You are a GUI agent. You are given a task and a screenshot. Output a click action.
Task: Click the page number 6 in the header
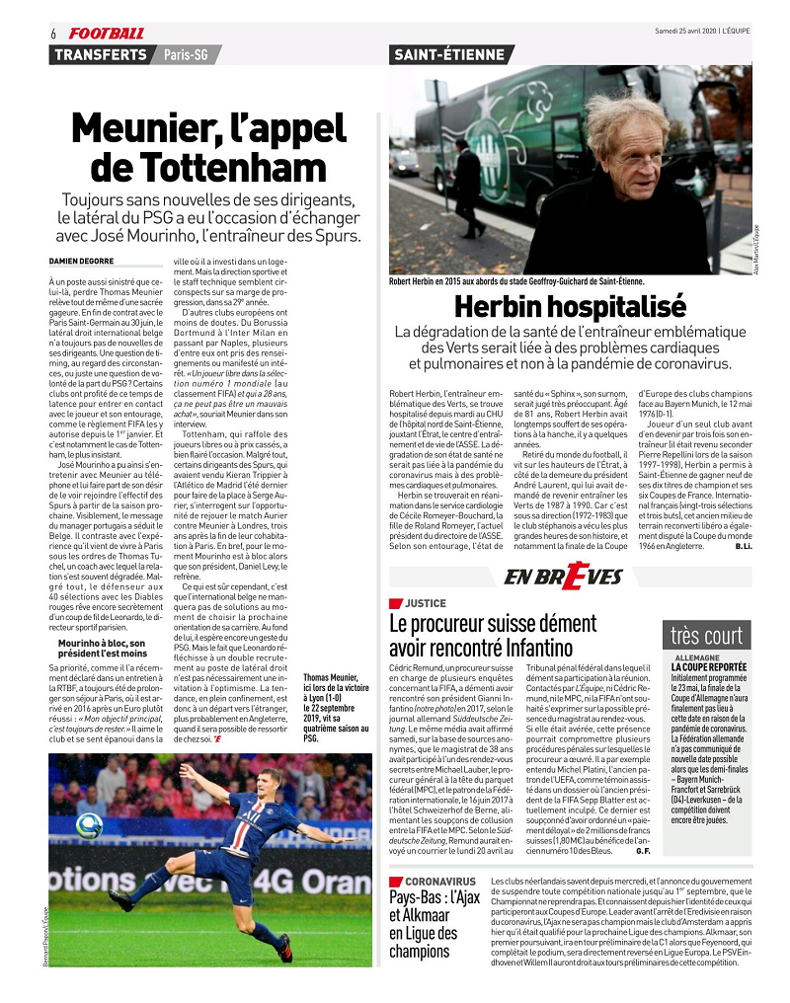(x=52, y=34)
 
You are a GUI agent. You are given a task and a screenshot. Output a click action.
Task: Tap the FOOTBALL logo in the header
(x=107, y=34)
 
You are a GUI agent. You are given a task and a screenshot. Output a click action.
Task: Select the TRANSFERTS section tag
(x=101, y=54)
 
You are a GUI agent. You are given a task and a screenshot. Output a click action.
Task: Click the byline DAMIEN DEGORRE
(x=82, y=260)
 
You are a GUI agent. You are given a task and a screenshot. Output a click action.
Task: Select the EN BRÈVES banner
(x=563, y=577)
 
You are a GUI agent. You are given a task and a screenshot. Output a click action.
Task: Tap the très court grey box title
(x=708, y=635)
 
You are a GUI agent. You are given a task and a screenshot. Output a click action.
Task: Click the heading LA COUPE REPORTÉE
(x=710, y=666)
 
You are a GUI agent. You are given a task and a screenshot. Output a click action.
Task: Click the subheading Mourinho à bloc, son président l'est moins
(x=103, y=648)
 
